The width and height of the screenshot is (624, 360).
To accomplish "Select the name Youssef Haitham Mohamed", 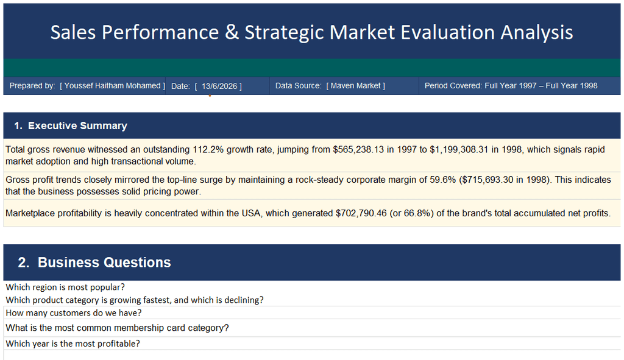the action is click(x=112, y=85).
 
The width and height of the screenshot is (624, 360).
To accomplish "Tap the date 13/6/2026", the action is click(x=219, y=86).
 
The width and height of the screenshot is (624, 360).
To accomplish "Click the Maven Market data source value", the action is click(x=355, y=85).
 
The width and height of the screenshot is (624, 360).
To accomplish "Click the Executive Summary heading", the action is click(x=77, y=125).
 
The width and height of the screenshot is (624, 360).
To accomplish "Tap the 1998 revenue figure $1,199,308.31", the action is click(x=459, y=150).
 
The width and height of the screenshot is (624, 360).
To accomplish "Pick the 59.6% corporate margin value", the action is click(x=442, y=180).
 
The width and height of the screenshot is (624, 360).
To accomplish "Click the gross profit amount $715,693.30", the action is click(x=487, y=180).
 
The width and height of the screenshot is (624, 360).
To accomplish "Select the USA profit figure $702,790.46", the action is click(x=361, y=213).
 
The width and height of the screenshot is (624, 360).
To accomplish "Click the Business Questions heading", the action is click(x=104, y=263).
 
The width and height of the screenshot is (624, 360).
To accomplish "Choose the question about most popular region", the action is click(x=65, y=287).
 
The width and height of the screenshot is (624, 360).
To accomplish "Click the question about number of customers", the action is click(x=74, y=313).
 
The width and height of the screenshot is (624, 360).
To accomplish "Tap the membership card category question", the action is click(x=118, y=328).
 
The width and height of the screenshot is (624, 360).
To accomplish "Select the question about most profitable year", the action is click(x=73, y=344).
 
